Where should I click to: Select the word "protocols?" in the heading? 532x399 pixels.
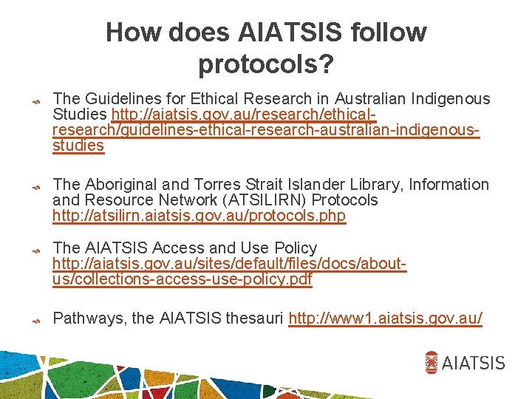(266, 65)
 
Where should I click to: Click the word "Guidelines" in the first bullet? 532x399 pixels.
(120, 99)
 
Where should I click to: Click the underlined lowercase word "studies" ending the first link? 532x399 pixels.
(78, 146)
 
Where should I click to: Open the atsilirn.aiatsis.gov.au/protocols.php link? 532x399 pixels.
(199, 216)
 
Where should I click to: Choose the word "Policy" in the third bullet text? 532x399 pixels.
(295, 248)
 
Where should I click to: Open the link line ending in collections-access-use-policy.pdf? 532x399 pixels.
(183, 280)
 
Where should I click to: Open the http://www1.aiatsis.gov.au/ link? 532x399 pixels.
(386, 318)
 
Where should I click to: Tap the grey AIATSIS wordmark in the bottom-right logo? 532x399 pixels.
(474, 363)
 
